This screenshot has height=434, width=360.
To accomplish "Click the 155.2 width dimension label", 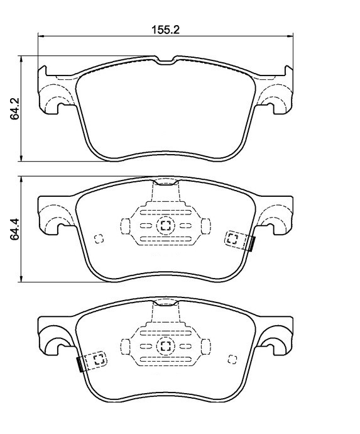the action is coord(165,30).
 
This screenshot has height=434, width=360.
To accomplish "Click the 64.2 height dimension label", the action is coord(14,108).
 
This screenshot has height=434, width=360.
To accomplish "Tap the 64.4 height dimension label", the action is coord(14,229).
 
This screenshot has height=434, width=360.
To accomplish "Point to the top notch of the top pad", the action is coord(166,61).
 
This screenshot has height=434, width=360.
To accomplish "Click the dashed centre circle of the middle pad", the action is coord(166,226).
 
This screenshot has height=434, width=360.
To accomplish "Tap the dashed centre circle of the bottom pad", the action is coord(166,346).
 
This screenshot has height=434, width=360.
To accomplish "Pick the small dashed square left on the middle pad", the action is coord(99,238).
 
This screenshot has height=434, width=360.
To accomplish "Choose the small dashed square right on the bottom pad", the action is coord(232,359).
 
